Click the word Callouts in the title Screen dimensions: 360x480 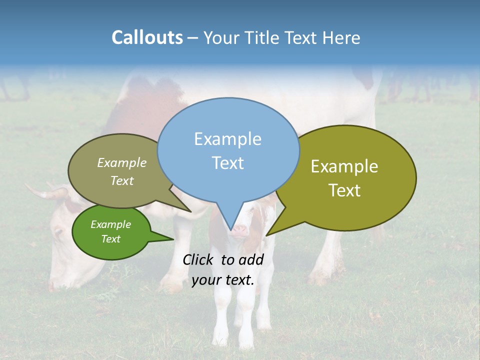147,37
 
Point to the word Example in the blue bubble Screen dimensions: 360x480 227,139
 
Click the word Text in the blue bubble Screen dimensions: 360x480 228,163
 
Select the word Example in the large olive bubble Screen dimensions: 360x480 344,166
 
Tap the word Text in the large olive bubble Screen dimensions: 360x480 345,190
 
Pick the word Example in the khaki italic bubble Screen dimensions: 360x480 122,162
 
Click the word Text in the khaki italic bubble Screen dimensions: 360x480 122,180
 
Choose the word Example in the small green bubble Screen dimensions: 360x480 111,224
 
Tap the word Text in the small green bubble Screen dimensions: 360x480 111,239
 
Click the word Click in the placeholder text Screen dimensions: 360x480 198,259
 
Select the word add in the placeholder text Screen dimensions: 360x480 251,259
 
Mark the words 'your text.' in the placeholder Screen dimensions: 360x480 223,280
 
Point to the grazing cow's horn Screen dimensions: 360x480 42,193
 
